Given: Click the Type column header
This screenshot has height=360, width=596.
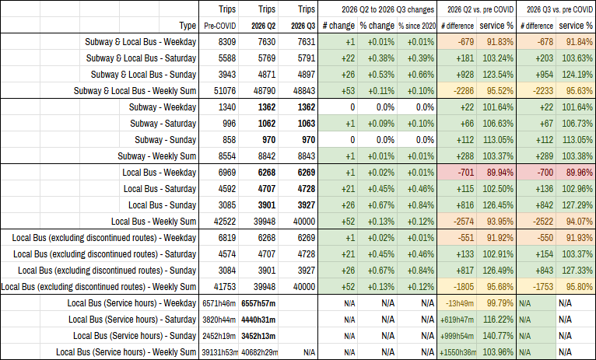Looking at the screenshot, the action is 188,26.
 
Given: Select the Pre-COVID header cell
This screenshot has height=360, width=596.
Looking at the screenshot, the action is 219,26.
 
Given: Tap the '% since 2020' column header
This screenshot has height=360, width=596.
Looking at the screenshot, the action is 417,26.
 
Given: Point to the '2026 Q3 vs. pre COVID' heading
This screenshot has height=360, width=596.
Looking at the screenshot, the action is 559,9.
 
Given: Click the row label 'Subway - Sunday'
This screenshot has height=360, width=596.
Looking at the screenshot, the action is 166,140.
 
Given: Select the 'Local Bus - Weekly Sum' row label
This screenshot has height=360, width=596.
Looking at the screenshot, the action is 153,222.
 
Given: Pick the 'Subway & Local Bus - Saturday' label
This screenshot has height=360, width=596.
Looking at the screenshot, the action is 141,58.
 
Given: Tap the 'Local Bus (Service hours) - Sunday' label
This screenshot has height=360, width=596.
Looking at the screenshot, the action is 135,336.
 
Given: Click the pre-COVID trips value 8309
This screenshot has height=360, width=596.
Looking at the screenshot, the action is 227,42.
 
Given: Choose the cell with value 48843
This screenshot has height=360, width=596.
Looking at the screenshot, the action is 304,91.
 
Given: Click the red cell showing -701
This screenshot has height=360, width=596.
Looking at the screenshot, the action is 465,173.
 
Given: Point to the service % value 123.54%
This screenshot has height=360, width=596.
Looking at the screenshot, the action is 498,75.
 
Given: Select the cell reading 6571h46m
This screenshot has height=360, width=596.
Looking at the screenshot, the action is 219,303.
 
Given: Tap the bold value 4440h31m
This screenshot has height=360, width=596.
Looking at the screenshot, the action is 258,320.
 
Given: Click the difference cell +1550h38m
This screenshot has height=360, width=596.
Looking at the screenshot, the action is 458,352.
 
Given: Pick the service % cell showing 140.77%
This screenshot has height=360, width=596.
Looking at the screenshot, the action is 498,336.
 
